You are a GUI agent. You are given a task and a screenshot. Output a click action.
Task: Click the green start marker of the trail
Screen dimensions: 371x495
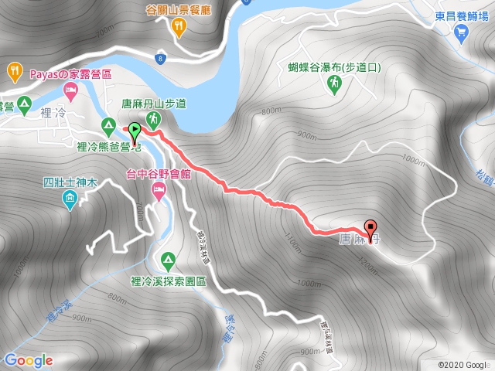(x=135, y=131)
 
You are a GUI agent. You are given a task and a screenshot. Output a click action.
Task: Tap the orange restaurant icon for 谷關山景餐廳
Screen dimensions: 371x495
(x=179, y=28)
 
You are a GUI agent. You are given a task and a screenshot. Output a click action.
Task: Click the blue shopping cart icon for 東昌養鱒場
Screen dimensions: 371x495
(x=462, y=32)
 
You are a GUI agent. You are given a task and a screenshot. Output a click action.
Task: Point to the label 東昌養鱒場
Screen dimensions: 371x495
(x=461, y=15)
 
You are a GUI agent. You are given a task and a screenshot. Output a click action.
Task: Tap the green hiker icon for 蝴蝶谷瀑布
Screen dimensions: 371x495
(x=334, y=82)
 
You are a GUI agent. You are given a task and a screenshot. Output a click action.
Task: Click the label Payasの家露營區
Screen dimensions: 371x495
(x=71, y=74)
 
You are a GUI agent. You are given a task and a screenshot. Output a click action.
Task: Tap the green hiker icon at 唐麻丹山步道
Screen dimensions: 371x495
(x=153, y=118)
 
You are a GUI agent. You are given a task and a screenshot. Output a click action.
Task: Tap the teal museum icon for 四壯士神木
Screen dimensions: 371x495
(x=70, y=201)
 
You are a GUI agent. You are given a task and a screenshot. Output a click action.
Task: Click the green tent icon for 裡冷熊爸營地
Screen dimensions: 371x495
(x=108, y=124)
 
